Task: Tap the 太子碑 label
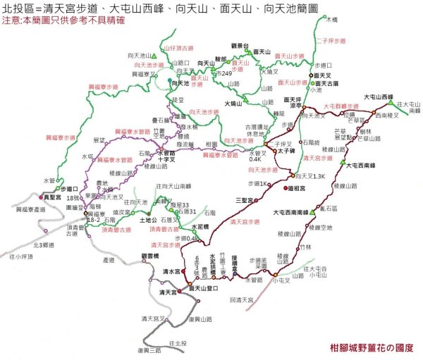coord(286,151)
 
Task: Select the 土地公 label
coord(149,221)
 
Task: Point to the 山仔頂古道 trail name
coord(178,48)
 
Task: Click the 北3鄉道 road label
coord(45,245)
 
